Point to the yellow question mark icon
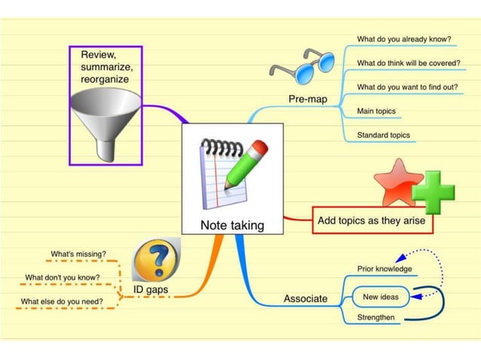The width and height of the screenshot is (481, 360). (156, 261)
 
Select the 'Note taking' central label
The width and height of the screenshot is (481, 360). (231, 224)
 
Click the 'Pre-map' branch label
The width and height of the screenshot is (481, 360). (308, 99)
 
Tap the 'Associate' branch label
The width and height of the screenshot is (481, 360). (305, 298)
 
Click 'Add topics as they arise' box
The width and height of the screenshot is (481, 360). (372, 221)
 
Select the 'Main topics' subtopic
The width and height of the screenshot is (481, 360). (376, 111)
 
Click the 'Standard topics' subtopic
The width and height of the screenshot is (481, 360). (384, 136)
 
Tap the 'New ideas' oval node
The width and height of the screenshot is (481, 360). (381, 297)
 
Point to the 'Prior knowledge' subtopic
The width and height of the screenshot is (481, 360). (384, 269)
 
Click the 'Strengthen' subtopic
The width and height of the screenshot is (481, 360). (376, 318)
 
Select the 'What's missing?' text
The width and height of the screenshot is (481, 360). (78, 254)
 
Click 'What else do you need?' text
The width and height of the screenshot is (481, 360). (62, 302)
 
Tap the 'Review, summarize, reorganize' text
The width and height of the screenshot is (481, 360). (105, 66)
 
